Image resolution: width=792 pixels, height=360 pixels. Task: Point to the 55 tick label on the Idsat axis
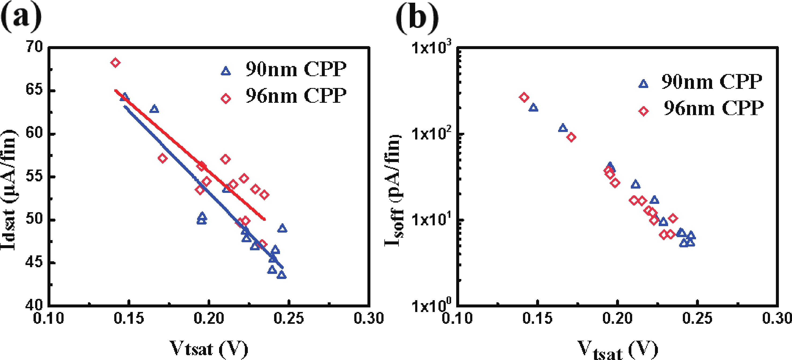[34, 177]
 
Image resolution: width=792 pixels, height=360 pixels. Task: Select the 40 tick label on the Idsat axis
[34, 305]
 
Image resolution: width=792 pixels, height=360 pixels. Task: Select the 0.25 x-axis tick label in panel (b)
[697, 318]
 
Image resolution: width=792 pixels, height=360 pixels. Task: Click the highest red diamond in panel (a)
[115, 63]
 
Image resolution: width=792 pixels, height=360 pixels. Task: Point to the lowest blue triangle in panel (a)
[281, 275]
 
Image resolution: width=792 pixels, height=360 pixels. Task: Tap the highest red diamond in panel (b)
[524, 97]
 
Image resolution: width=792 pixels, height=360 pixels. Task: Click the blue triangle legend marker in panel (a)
[226, 71]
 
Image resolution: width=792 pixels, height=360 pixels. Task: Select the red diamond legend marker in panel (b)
[643, 111]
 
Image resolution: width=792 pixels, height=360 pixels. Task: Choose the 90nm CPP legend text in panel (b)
[712, 82]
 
